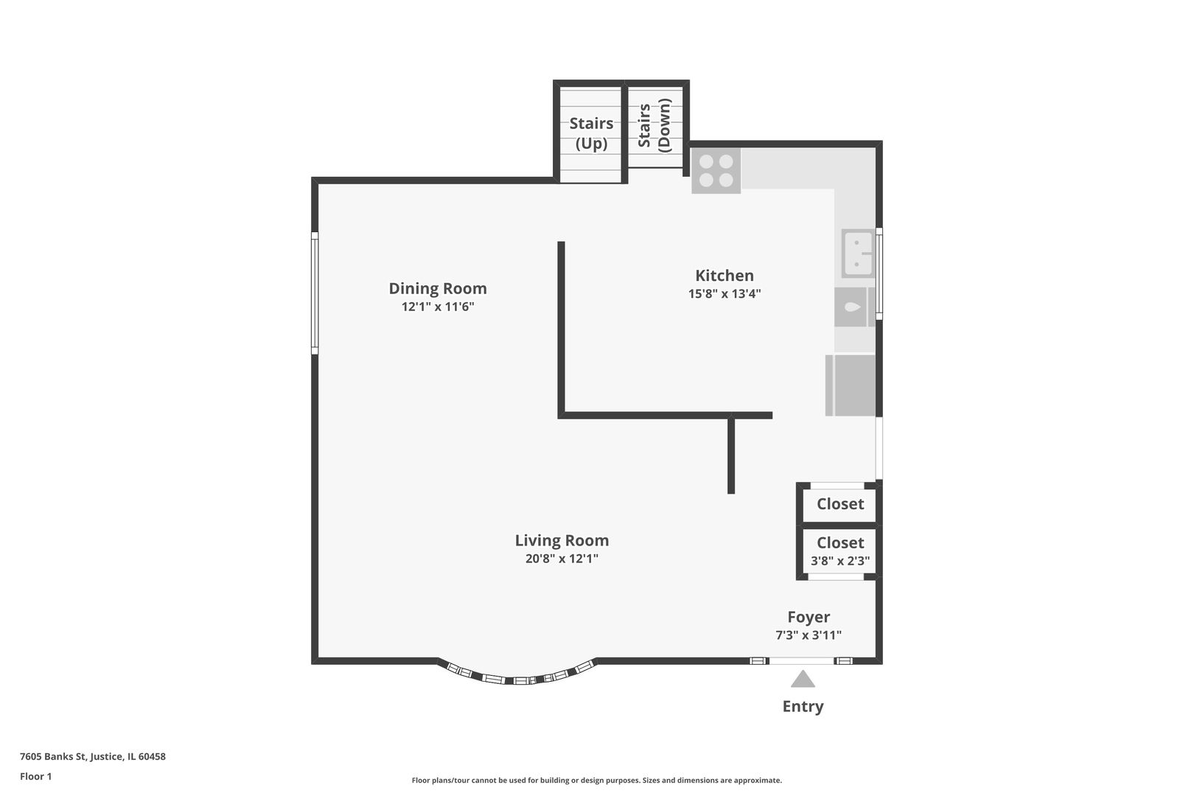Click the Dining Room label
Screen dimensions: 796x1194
click(x=438, y=288)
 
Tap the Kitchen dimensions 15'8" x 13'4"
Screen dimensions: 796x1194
click(x=724, y=293)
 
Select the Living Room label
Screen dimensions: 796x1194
click(x=562, y=540)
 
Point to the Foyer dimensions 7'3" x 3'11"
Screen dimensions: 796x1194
click(x=808, y=635)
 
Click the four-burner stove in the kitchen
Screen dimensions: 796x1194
click(x=716, y=171)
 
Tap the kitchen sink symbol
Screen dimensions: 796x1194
click(x=858, y=253)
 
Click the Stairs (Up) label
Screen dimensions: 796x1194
click(x=591, y=133)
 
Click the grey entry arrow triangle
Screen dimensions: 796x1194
click(x=803, y=679)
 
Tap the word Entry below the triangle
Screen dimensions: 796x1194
click(x=803, y=706)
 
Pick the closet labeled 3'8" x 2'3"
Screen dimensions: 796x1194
click(x=839, y=551)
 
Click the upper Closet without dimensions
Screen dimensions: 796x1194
click(x=839, y=504)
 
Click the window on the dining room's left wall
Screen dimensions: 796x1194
click(x=315, y=293)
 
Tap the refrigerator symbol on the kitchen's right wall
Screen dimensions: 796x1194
click(x=851, y=385)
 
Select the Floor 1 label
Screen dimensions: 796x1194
click(x=36, y=776)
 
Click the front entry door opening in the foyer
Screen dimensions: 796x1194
click(x=802, y=660)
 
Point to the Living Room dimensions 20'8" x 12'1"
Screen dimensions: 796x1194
click(x=562, y=559)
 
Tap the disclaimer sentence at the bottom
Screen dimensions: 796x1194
click(x=596, y=780)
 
